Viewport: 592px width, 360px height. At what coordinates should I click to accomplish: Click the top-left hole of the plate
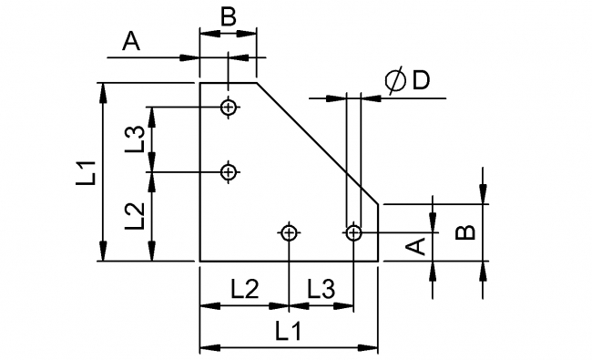pos(229,108)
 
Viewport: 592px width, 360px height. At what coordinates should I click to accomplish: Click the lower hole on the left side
pos(229,170)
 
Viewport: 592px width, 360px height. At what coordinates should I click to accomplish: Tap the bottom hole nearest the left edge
pos(290,233)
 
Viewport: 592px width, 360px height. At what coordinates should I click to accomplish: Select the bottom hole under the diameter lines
pos(354,233)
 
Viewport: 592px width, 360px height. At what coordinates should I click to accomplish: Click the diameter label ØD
pos(406,81)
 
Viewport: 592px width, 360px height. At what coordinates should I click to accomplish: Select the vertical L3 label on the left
pos(135,138)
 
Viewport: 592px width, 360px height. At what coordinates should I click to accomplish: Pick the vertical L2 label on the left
pos(135,215)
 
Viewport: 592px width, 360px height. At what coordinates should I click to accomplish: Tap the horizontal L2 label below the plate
pos(243,290)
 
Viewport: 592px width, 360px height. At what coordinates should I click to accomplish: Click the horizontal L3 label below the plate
pos(320,290)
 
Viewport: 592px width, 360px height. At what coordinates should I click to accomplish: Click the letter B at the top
pos(229,15)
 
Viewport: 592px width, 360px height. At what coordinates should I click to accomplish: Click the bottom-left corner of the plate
pos(200,261)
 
